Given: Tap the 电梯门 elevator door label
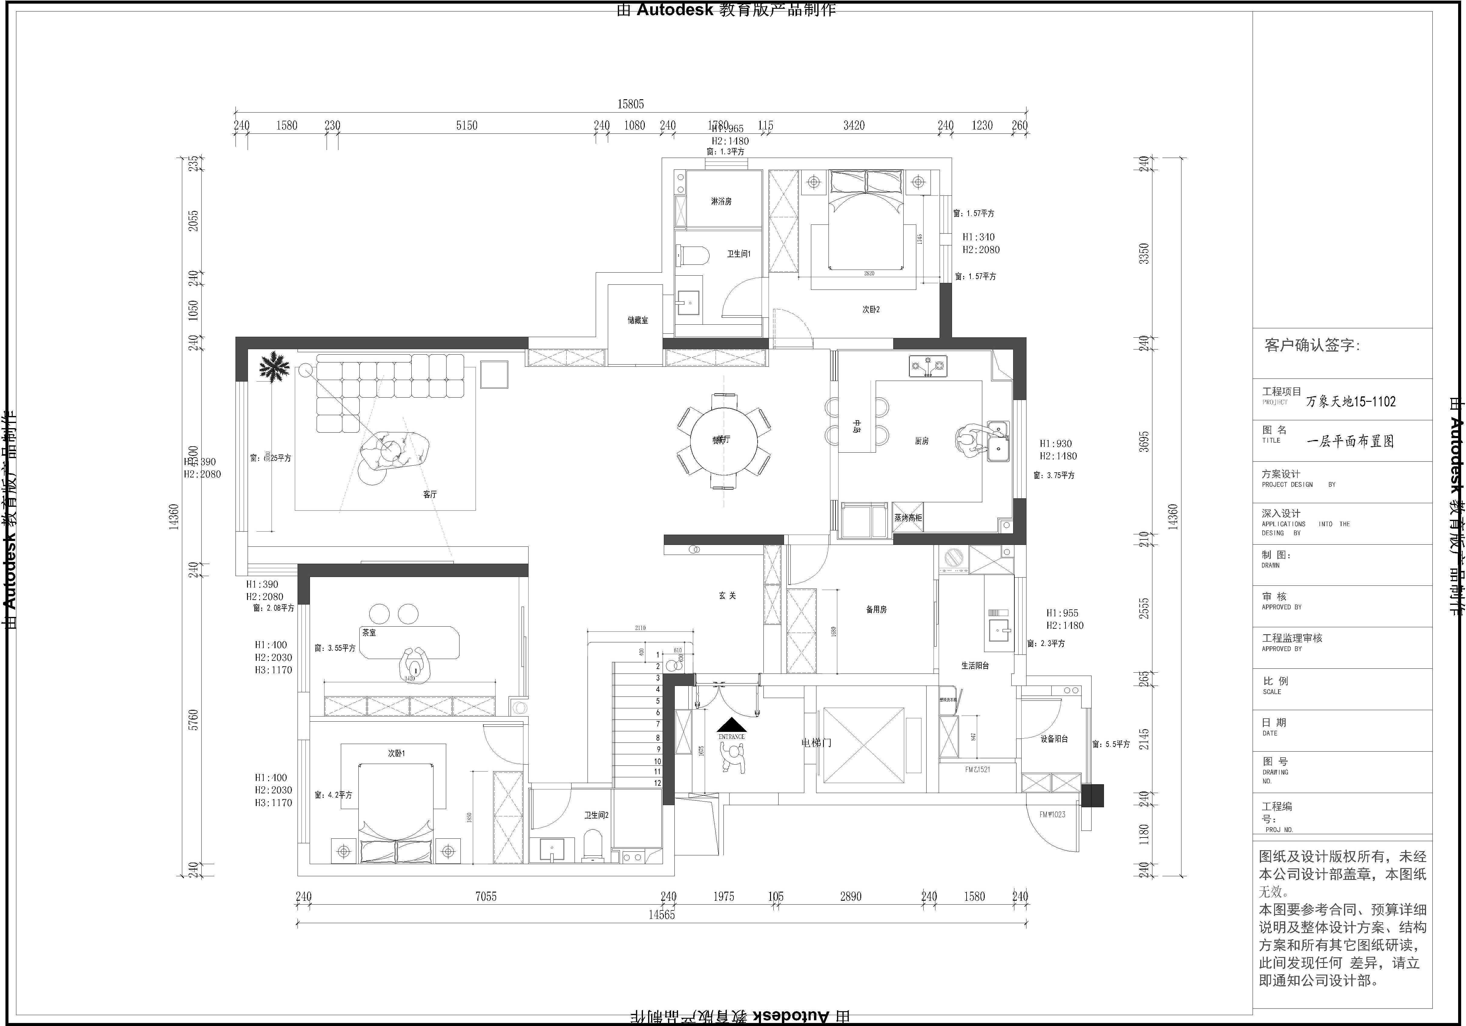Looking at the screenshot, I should coord(816,743).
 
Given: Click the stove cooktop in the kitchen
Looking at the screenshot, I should coord(928,366).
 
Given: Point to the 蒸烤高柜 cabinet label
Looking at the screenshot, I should coord(907,518).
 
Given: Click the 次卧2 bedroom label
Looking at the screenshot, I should coord(871,310).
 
